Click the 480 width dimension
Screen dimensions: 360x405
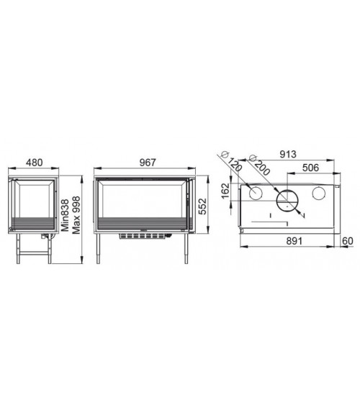pos(34,163)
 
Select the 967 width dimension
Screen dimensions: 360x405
pos(148,163)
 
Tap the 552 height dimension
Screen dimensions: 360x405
pos(203,206)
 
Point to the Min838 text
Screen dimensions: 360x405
pos(65,215)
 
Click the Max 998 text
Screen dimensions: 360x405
pos(76,215)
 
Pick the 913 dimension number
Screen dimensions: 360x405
pos(288,154)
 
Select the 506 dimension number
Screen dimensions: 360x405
pos(310,168)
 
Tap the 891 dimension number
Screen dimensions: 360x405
pos(294,241)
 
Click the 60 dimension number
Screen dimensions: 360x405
pos(347,241)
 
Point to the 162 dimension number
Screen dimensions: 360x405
pos(225,191)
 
